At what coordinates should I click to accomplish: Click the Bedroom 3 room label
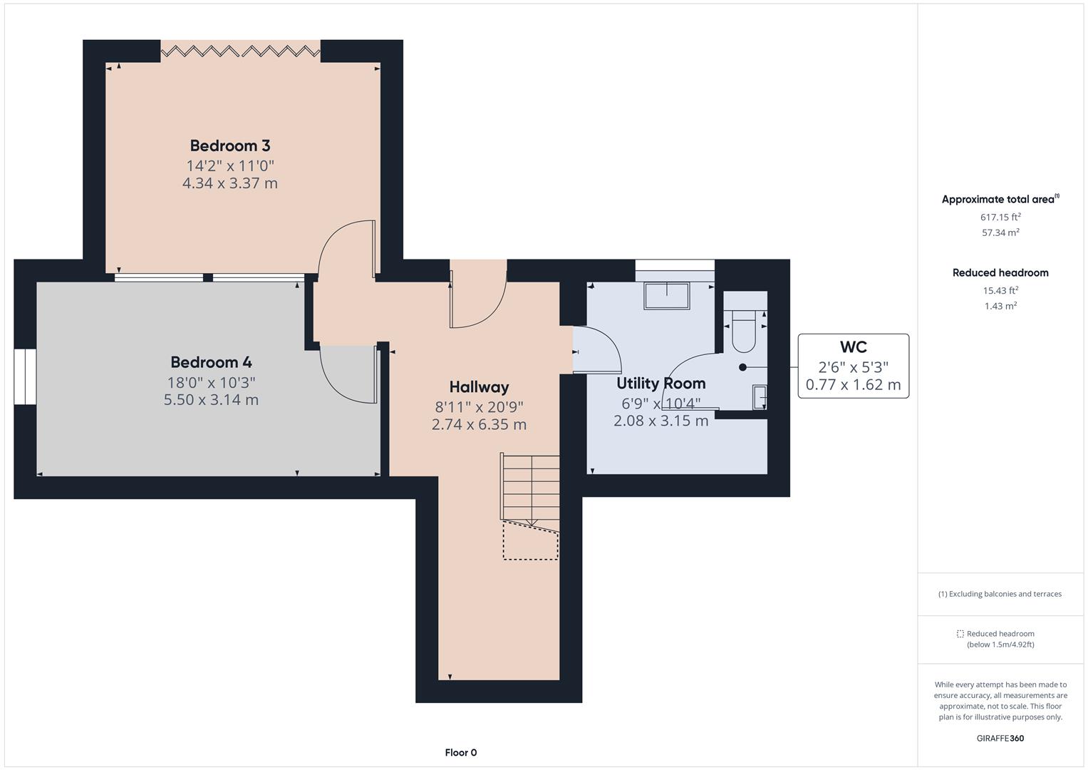coord(229,145)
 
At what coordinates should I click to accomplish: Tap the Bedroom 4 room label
coord(211,362)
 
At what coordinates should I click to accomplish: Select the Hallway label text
coord(479,387)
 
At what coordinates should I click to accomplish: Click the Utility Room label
coord(660,383)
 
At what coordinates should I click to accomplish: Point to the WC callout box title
coord(853,347)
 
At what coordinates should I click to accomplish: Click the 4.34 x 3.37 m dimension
coord(229,183)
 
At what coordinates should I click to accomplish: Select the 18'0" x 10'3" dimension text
coord(211,382)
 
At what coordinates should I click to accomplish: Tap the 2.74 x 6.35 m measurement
coord(479,425)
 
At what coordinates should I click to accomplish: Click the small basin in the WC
coord(760,397)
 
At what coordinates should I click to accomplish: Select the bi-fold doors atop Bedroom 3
coord(240,51)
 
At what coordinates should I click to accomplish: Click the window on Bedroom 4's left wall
coord(25,377)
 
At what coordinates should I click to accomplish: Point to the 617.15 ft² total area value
coord(1000,217)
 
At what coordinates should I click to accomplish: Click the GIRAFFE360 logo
coord(1000,738)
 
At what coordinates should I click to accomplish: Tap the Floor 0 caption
coord(460,752)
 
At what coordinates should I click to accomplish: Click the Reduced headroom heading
coord(1000,272)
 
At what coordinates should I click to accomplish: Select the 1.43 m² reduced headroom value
coord(1000,306)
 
